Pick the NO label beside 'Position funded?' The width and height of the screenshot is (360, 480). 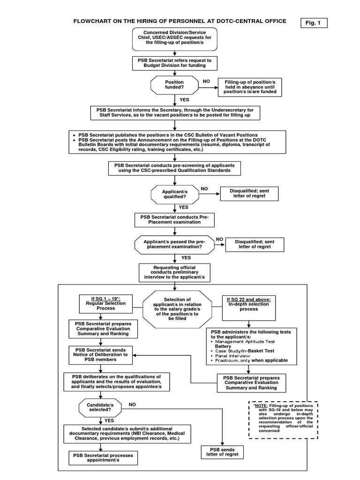coord(206,81)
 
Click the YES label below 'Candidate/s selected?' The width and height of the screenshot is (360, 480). coord(109,420)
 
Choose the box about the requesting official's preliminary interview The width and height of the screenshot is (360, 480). coord(174,272)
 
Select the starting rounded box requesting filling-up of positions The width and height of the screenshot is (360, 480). coord(174,38)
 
